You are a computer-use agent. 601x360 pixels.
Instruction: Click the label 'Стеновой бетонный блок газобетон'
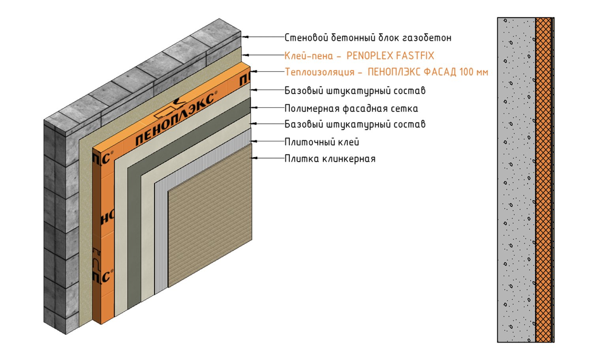coord(368,37)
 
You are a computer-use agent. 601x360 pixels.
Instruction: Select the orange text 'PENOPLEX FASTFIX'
coord(390,56)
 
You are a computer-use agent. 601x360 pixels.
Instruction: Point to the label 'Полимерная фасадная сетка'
coord(351,109)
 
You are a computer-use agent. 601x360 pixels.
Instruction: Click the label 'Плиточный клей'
coord(322,142)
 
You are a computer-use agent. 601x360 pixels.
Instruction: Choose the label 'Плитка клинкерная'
coord(330,159)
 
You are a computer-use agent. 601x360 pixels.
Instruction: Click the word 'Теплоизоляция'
coord(319,72)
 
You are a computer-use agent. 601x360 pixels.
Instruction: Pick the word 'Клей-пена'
coord(308,56)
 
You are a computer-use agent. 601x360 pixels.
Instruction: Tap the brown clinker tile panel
coord(210,215)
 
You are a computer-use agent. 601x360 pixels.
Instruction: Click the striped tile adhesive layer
coord(161,236)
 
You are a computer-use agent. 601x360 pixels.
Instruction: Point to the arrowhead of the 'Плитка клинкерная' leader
coord(254,158)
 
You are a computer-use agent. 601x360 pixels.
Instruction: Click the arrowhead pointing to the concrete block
coord(245,37)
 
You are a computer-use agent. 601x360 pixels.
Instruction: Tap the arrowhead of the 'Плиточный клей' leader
coord(254,141)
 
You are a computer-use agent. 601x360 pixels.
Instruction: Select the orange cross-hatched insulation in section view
coord(543,180)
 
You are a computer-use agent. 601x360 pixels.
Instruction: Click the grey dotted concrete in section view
coord(516,180)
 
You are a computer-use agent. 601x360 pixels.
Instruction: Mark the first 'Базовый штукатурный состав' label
coord(355,91)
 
